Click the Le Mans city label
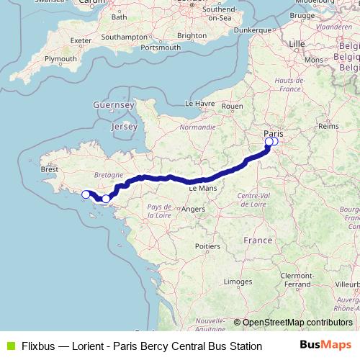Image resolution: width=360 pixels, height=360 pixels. (x=203, y=187)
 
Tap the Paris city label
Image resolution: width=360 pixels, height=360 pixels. (x=274, y=133)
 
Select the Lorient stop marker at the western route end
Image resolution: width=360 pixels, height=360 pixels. (x=86, y=194)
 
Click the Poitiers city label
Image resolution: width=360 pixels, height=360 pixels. (x=207, y=246)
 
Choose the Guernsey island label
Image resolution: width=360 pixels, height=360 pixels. (x=114, y=105)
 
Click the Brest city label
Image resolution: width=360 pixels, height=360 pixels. (x=50, y=170)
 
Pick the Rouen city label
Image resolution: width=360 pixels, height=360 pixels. (x=233, y=106)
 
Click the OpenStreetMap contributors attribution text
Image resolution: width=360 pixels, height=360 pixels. (x=297, y=322)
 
